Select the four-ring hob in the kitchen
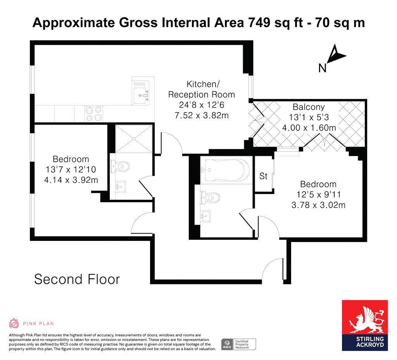94,114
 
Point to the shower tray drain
134,138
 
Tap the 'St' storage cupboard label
263,176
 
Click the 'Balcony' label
309,107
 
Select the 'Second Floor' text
77,279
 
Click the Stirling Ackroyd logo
365,325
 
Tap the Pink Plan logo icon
14,323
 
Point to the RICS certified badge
238,344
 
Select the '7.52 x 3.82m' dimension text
202,115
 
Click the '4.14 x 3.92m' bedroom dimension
71,180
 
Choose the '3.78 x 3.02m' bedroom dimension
318,205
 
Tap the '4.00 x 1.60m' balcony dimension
309,128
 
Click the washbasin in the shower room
121,187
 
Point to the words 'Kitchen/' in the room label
203,84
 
